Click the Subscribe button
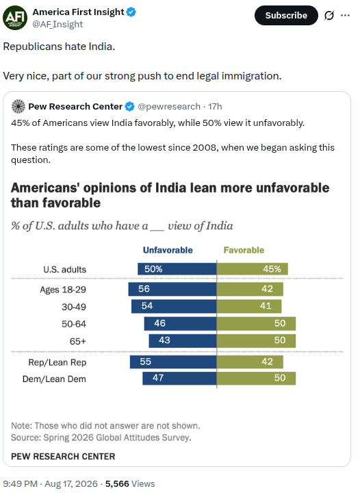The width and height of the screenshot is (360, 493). point(286,15)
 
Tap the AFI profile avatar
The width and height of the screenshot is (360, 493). point(15,18)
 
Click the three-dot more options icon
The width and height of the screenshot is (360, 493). point(345,15)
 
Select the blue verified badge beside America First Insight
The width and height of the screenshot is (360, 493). point(131,12)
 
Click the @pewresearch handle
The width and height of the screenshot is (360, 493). point(169,107)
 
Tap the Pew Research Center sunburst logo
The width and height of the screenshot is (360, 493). point(18,106)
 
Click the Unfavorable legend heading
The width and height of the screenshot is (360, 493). point(168,250)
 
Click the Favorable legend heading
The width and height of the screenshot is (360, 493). point(244,250)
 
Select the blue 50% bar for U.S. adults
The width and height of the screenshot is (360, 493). point(177,269)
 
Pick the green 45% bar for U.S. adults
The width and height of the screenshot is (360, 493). point(253,269)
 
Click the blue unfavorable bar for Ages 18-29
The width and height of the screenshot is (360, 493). point(172,289)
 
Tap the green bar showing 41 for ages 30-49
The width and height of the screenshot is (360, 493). point(249,306)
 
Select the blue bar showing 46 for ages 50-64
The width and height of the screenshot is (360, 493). point(180,323)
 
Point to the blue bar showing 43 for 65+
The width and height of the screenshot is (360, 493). point(183,341)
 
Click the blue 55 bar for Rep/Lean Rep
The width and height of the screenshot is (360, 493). point(173,362)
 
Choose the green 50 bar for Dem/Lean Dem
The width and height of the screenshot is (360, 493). point(256,378)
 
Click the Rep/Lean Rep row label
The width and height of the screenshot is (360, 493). point(57,362)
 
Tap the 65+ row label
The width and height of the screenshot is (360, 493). point(77,341)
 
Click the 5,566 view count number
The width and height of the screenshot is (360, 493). point(117,483)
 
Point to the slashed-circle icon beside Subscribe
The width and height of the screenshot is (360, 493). point(329,15)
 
